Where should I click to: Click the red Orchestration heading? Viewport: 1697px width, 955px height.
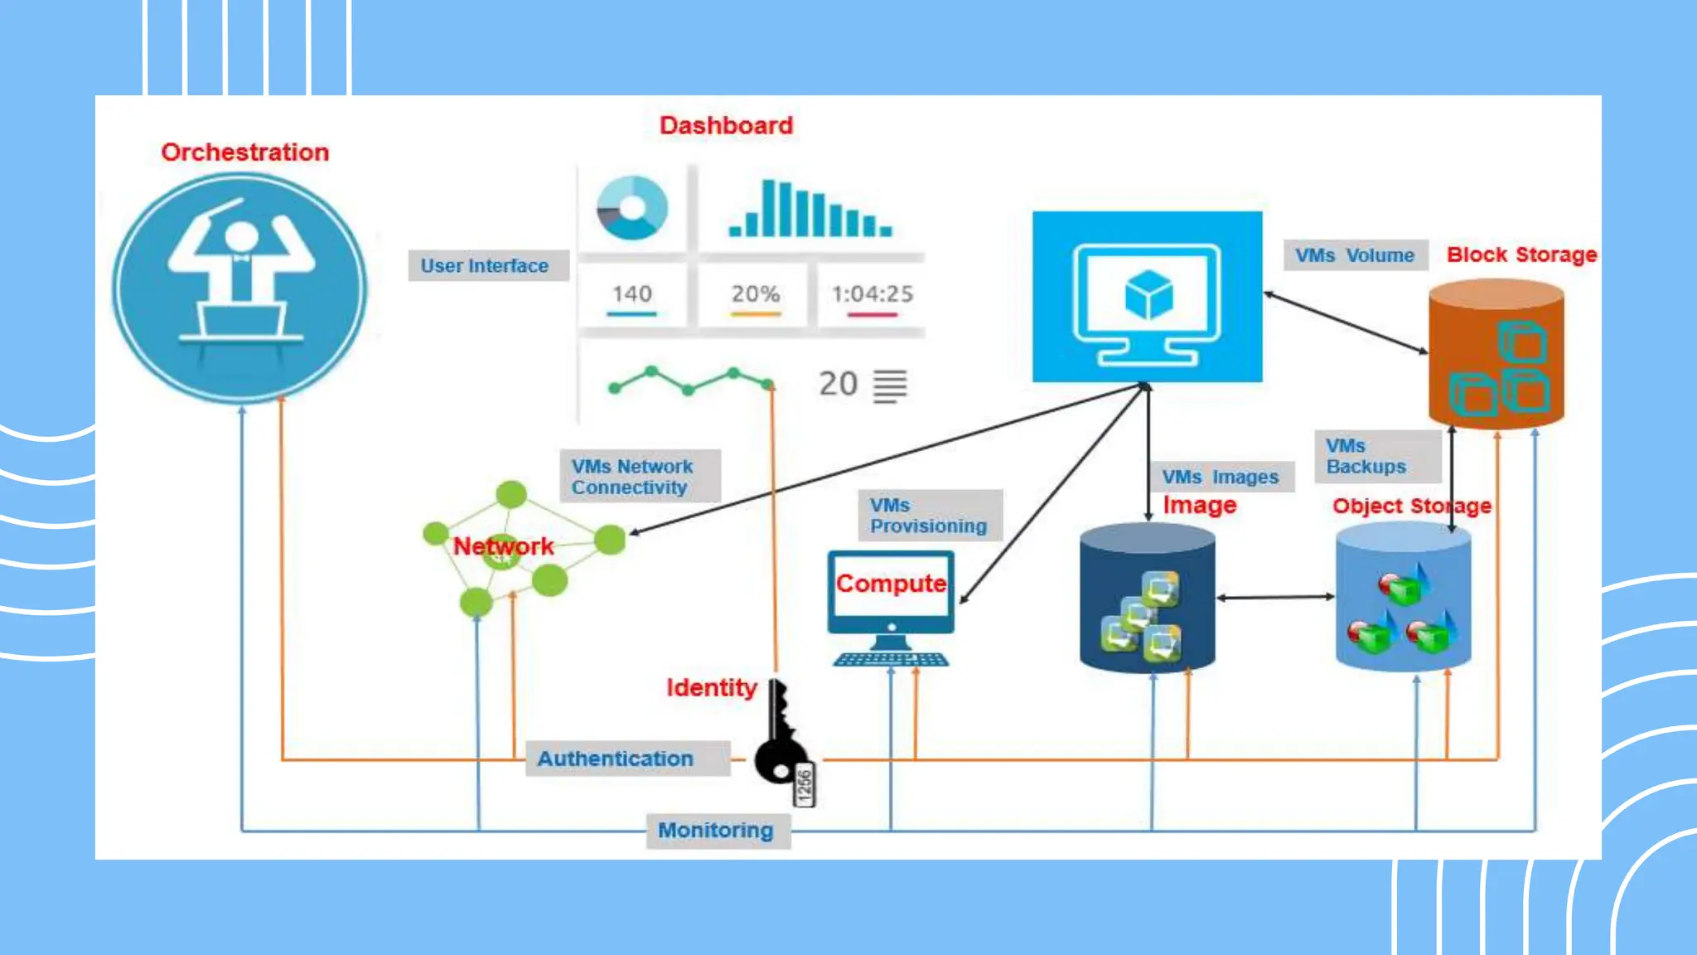tap(244, 153)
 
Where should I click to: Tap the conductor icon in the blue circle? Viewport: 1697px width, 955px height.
tap(239, 287)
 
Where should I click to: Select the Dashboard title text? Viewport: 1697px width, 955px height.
tap(726, 126)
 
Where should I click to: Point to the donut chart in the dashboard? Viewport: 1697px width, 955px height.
tap(632, 207)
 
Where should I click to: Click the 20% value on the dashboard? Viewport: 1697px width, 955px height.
tap(755, 294)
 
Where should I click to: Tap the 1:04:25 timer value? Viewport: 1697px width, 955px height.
tap(872, 294)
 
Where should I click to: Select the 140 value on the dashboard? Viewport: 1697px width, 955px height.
tap(632, 294)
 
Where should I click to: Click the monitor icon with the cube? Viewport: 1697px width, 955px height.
tap(1147, 297)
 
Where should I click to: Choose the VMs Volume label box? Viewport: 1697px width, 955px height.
tap(1355, 255)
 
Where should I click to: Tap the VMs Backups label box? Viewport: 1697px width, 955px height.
tap(1376, 456)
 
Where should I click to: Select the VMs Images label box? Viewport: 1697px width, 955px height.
tap(1221, 477)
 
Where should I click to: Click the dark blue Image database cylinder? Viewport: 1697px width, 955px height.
tap(1147, 599)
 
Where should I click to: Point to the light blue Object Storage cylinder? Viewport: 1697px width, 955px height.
tap(1403, 599)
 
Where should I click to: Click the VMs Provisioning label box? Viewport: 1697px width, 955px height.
tap(929, 516)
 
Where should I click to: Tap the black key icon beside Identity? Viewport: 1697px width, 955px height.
tap(781, 738)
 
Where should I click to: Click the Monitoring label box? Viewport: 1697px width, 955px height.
tap(717, 831)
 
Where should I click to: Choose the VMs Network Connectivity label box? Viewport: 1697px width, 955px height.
tap(639, 477)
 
